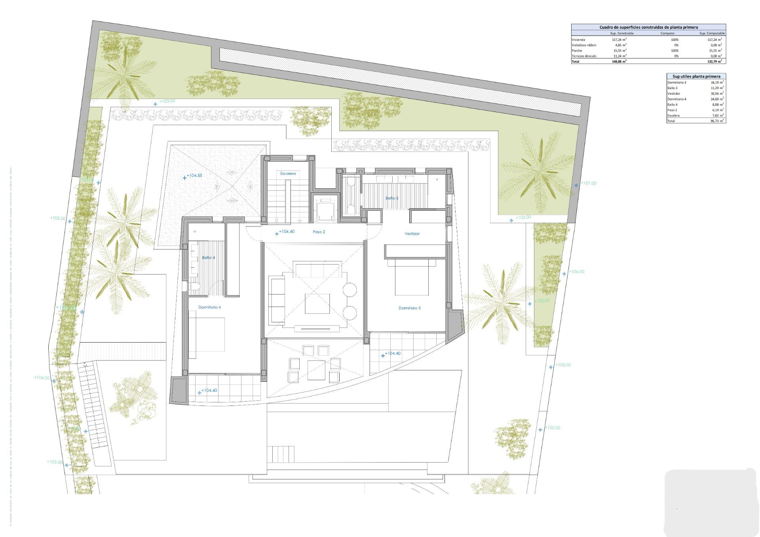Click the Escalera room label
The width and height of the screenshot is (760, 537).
coord(288,173)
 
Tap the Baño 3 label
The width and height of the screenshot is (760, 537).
coord(392,198)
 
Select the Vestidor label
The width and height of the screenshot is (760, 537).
coord(412,234)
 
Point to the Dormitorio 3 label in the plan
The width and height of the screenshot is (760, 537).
coord(409,308)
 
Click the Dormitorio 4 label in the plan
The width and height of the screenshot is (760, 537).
coord(209,307)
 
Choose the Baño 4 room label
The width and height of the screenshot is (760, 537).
coord(208,257)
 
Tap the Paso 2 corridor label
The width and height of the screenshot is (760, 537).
coord(319,232)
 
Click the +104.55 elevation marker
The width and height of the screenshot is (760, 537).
coord(194,175)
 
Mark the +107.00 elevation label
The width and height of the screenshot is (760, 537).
coord(588,183)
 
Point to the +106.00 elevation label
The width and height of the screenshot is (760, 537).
coord(576,272)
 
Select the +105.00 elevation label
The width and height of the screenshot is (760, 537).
coord(58,218)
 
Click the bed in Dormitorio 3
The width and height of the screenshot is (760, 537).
coord(412,277)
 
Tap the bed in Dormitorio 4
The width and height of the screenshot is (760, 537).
coord(206,335)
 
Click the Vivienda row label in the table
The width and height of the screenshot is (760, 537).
coord(578,40)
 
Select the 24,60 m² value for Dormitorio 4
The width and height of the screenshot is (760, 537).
coord(717,99)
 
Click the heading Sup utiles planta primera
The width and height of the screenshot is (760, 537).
coord(696,76)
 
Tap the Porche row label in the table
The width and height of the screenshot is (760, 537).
coord(577,51)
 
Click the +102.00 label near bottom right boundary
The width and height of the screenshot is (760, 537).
coord(552,428)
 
